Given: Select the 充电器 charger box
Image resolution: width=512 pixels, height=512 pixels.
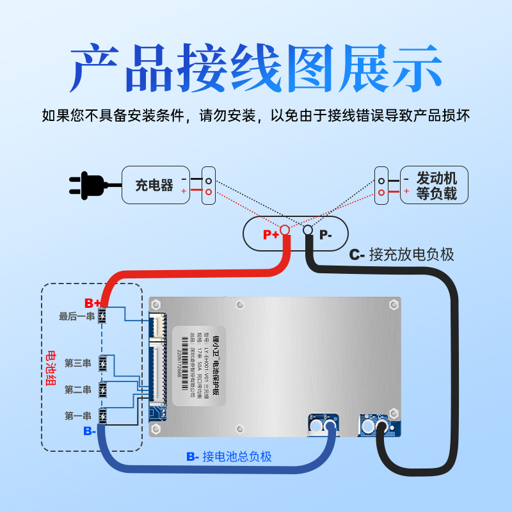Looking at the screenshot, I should pyautogui.click(x=154, y=185).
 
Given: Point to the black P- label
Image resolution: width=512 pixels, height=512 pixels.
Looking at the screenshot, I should pyautogui.click(x=326, y=235).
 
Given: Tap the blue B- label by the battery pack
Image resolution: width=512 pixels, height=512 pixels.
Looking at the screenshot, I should pyautogui.click(x=90, y=431).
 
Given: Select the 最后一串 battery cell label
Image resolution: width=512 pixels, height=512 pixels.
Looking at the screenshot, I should pyautogui.click(x=76, y=316).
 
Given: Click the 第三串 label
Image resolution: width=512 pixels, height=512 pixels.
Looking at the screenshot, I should pyautogui.click(x=78, y=364).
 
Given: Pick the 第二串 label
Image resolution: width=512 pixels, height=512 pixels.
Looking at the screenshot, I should pyautogui.click(x=78, y=390).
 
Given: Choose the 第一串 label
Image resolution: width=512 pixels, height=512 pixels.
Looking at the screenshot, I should pyautogui.click(x=78, y=416).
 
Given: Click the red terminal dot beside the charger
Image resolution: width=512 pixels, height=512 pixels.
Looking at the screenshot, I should pyautogui.click(x=208, y=191).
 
